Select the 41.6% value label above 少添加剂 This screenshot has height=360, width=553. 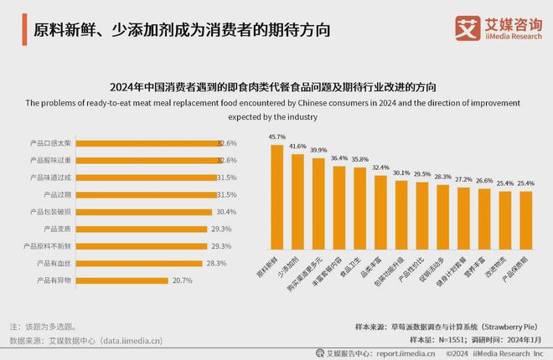click(297, 146)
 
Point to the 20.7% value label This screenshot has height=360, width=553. click(183, 280)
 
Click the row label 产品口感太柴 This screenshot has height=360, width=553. click(50, 143)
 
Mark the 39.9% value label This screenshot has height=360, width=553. click(318, 150)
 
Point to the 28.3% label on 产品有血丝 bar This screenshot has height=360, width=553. click(216, 263)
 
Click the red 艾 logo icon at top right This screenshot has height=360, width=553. click(467, 28)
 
